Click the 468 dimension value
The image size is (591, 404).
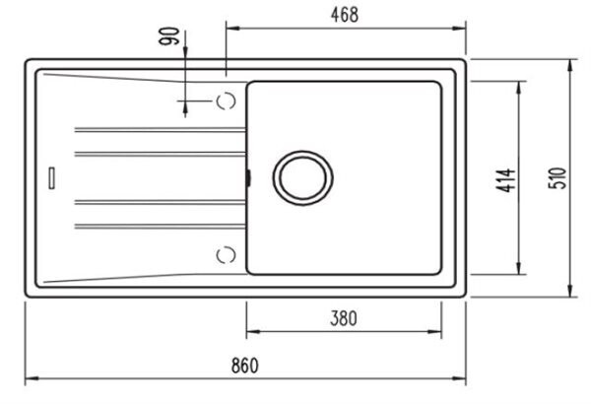(345, 15)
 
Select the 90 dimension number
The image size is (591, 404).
(168, 36)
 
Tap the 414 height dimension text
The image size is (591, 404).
(506, 180)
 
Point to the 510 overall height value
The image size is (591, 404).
(558, 178)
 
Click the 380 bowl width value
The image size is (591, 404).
(344, 318)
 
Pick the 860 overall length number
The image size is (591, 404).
(245, 366)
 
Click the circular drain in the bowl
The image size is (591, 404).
(303, 178)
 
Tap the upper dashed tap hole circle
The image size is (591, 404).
(227, 101)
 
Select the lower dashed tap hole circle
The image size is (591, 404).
(227, 255)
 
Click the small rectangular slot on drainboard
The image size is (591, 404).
(51, 177)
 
